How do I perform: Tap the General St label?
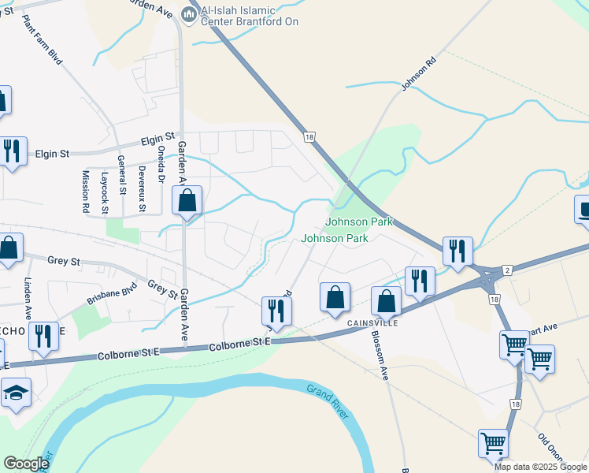coord(122,174)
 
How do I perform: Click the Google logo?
coord(26,464)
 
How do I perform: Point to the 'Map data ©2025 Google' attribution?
coord(540,466)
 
